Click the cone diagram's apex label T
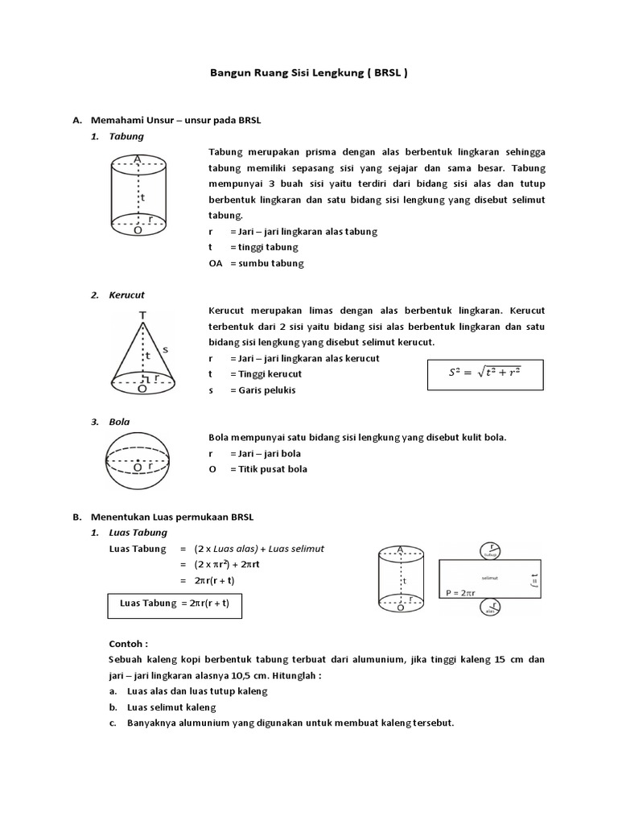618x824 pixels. point(142,316)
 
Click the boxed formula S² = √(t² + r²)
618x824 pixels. point(484,373)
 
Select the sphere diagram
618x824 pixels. point(138,467)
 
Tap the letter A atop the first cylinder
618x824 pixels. point(138,160)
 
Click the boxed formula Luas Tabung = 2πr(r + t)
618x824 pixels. point(175,604)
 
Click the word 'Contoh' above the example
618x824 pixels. point(128,645)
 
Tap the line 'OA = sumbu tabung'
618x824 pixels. point(256,263)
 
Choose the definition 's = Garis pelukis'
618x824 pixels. point(252,390)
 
